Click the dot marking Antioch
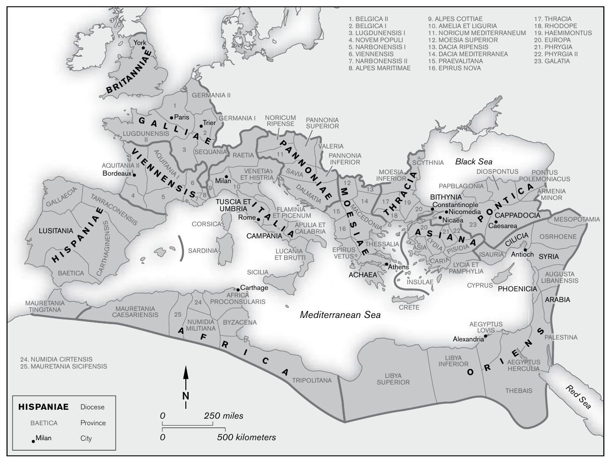(526, 250)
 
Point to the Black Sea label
(474, 162)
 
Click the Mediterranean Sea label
(340, 315)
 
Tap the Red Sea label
(579, 396)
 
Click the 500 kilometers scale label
(246, 437)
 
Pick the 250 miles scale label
(223, 416)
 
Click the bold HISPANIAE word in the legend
(43, 407)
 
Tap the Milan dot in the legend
(33, 441)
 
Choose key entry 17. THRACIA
(553, 19)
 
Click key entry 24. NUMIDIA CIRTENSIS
(56, 359)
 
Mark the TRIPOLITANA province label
(312, 380)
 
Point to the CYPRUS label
(480, 285)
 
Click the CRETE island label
(409, 307)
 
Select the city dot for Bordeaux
(134, 175)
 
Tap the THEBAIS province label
(519, 391)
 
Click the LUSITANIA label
(56, 231)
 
